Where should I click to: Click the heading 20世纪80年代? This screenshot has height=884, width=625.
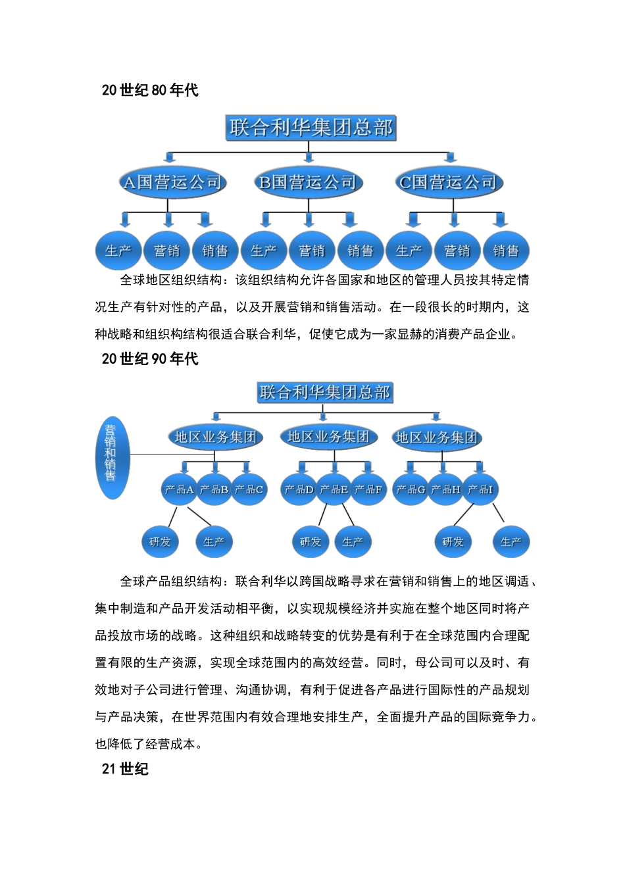point(150,90)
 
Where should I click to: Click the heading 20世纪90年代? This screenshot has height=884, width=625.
point(150,358)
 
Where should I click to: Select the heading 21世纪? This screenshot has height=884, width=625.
point(125,768)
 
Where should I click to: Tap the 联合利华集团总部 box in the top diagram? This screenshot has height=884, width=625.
point(311,127)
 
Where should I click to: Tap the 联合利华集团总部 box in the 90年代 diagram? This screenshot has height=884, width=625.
point(324,393)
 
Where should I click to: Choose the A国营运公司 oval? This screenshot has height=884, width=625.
point(172,182)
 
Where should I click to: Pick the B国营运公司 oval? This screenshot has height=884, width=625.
point(308,182)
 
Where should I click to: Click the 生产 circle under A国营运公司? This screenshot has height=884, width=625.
point(118,251)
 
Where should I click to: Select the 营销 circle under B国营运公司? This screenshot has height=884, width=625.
point(312,251)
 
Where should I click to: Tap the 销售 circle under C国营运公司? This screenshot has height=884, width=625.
point(505,251)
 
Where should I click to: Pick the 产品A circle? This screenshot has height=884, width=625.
point(179,489)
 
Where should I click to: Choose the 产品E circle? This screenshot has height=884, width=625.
point(334,489)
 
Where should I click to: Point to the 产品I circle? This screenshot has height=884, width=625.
point(480,489)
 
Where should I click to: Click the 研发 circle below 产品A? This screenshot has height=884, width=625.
point(160,542)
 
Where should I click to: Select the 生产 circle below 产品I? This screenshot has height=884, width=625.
point(511,542)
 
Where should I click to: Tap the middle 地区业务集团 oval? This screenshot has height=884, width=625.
point(328,437)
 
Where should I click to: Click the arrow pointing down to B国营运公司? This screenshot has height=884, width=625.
point(309,158)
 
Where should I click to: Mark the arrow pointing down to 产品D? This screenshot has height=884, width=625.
point(303,468)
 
